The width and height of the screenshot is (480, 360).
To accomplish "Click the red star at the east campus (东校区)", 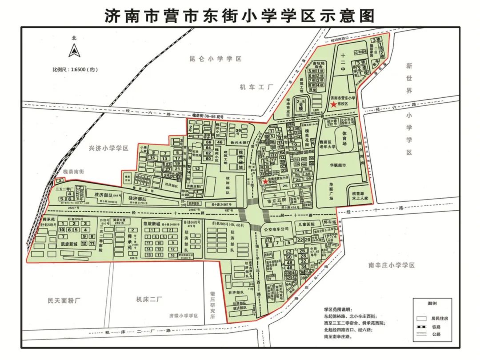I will pyautogui.click(x=333, y=104).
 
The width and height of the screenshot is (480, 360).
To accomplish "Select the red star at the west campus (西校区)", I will pyautogui.click(x=265, y=181).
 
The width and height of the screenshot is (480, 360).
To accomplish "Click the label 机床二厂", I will pyautogui.click(x=150, y=300).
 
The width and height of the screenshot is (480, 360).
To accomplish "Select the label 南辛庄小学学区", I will pyautogui.click(x=391, y=265).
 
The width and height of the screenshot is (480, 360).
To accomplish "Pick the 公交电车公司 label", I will pyautogui.click(x=276, y=228).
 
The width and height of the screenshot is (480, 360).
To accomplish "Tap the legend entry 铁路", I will pyautogui.click(x=436, y=327).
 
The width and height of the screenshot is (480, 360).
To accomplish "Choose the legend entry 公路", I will pyautogui.click(x=436, y=334).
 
